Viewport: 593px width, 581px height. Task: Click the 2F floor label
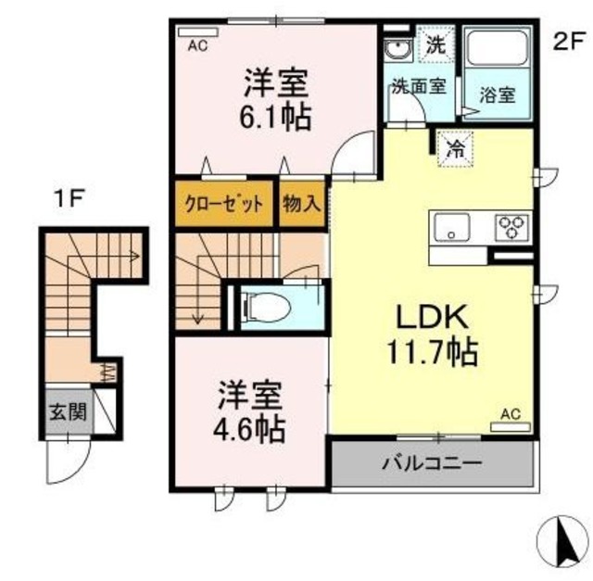point(569,41)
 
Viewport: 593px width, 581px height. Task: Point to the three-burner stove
point(511,227)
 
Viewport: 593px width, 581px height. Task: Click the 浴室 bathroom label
point(498,94)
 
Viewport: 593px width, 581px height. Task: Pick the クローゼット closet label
point(222,204)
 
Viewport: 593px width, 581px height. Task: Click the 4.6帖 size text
point(251,429)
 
